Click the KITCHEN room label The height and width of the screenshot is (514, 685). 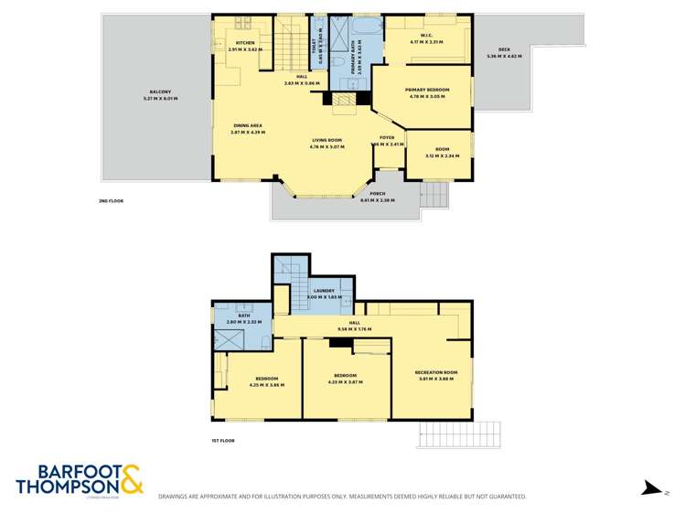tap(245, 43)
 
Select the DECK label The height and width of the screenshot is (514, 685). tap(504, 49)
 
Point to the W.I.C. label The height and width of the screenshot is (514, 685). tap(426, 36)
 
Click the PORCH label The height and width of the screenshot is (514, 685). tap(377, 194)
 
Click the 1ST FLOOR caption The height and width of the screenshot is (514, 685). tap(223, 441)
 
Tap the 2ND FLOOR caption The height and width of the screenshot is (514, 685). tap(111, 201)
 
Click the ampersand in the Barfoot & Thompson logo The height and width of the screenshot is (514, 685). tap(131, 477)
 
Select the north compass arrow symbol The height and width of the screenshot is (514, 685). tap(651, 487)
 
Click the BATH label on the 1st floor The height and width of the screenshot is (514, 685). tap(243, 316)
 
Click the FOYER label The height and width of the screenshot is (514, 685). tap(387, 137)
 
